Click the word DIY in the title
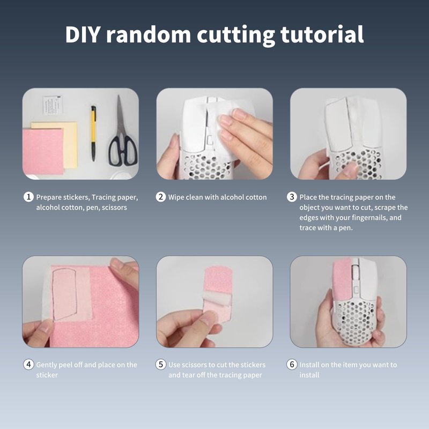click(x=83, y=34)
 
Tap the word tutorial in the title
click(x=322, y=34)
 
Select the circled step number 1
click(x=28, y=197)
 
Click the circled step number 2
click(x=160, y=197)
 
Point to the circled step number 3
click(x=292, y=197)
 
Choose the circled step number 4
click(x=28, y=365)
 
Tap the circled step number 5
click(x=160, y=365)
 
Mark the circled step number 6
click(x=292, y=365)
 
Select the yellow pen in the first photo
click(x=93, y=133)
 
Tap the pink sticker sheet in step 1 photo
click(x=43, y=152)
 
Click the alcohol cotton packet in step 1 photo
click(x=53, y=105)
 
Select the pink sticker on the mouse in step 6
click(x=342, y=279)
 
